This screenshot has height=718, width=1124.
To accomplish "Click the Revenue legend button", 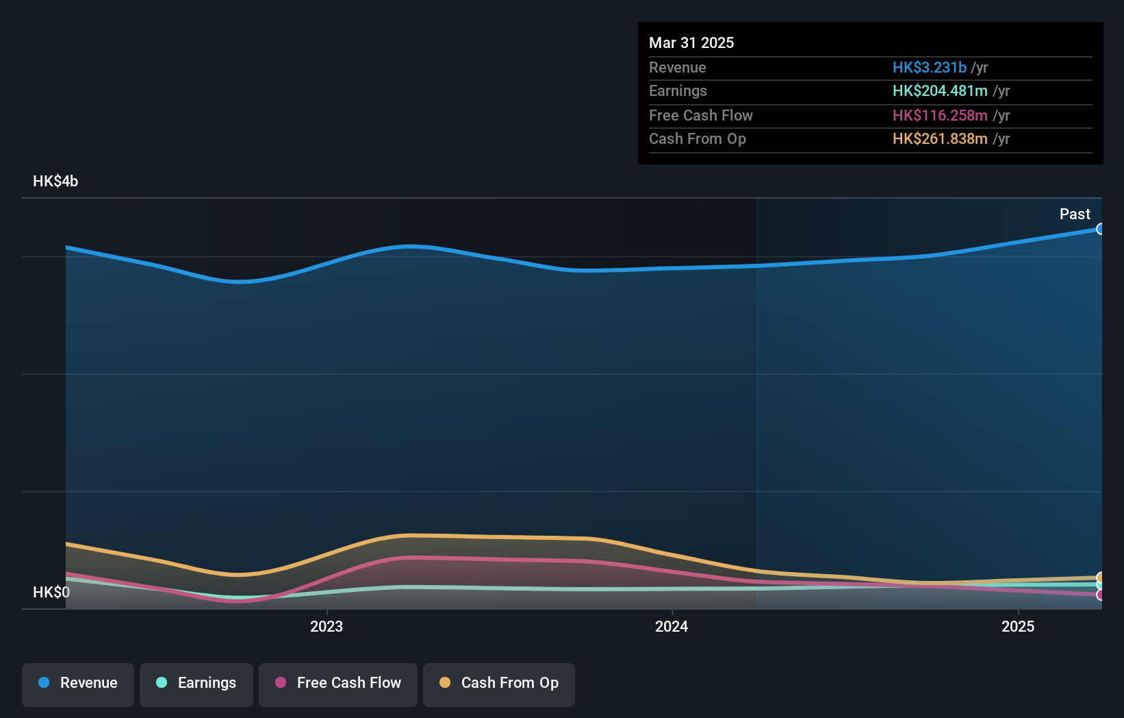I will (x=77, y=684).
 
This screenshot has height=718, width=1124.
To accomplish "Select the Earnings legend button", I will (x=196, y=684).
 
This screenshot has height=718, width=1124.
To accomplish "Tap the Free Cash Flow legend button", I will (x=337, y=684).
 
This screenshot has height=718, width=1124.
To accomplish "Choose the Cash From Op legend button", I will (x=498, y=684).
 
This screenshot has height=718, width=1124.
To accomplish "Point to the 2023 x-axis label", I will (x=327, y=627).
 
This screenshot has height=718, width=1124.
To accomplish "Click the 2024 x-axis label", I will (x=672, y=627).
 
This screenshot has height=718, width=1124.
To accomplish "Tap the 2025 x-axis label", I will (x=1018, y=627).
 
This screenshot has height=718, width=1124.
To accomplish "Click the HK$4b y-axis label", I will (x=55, y=182).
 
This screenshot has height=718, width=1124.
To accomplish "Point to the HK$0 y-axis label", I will (x=51, y=593).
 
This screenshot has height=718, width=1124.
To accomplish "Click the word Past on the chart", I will (x=1075, y=214).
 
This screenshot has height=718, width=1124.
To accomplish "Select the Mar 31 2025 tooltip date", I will (x=691, y=43).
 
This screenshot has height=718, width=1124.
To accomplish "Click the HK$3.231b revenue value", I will (x=929, y=68).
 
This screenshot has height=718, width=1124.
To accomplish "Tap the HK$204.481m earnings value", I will (x=940, y=91).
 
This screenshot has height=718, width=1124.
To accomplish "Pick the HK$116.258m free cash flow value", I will (x=940, y=116).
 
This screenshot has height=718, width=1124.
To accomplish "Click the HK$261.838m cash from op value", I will (x=940, y=139).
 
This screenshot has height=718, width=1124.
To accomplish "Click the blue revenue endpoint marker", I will (x=1100, y=229).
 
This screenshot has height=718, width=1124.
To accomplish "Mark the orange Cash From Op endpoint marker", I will (x=1100, y=578).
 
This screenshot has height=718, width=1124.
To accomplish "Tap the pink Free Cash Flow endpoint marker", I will (x=1100, y=595).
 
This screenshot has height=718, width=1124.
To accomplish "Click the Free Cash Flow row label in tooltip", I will (x=700, y=116).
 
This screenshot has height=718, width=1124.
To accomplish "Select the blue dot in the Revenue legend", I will (x=44, y=683).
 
